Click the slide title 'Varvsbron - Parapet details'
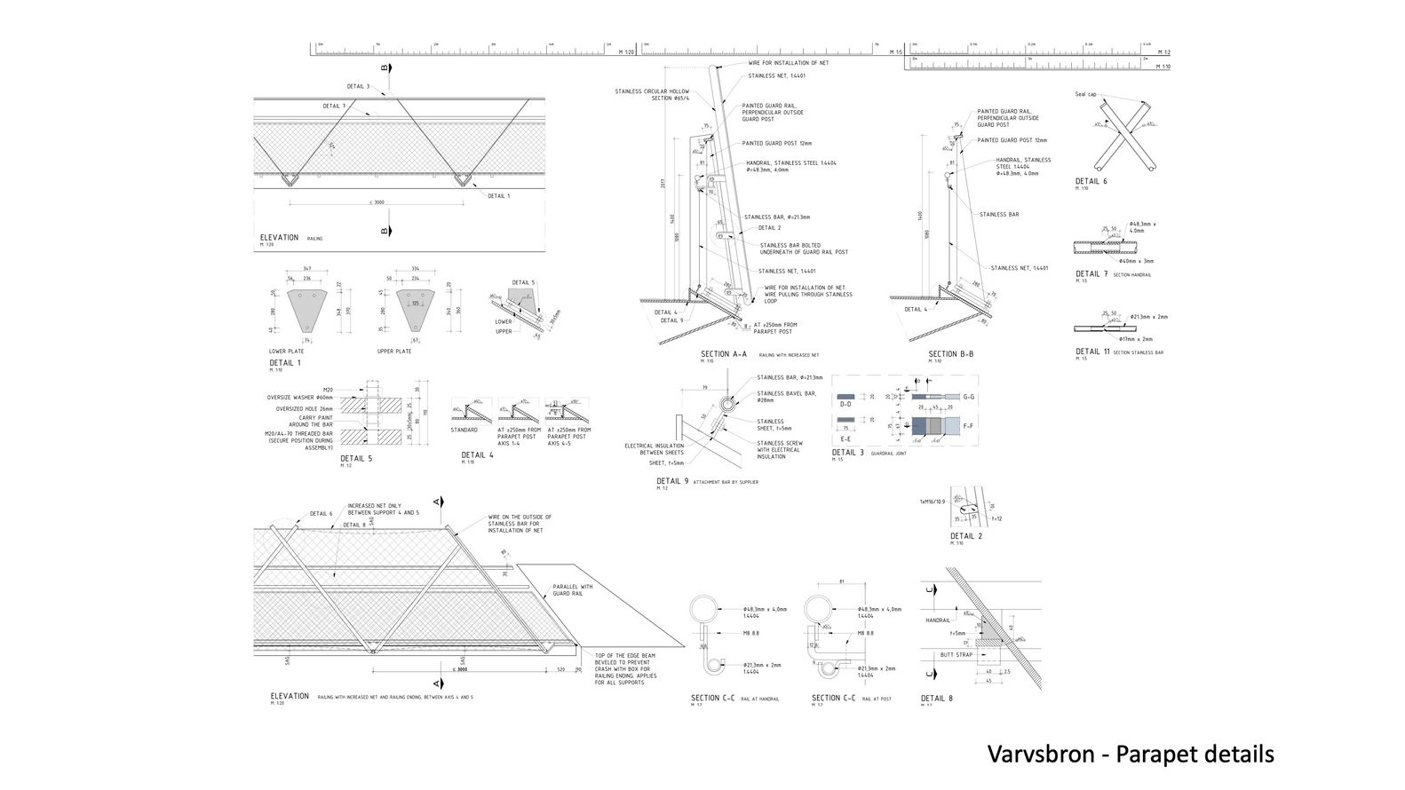pyautogui.click(x=1130, y=754)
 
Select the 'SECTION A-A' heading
pyautogui.click(x=723, y=354)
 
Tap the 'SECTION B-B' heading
pyautogui.click(x=950, y=354)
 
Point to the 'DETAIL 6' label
pyautogui.click(x=1091, y=181)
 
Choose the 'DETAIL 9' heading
pyautogui.click(x=671, y=481)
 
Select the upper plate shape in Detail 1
pyautogui.click(x=415, y=308)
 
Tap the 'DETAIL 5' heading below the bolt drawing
pyautogui.click(x=356, y=459)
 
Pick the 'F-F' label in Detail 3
pyautogui.click(x=969, y=427)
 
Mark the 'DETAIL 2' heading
pyautogui.click(x=966, y=536)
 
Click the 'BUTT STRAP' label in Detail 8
pyautogui.click(x=957, y=655)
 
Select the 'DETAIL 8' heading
pyautogui.click(x=936, y=699)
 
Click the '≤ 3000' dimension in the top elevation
pyautogui.click(x=377, y=202)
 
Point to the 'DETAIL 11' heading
pyautogui.click(x=1093, y=352)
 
